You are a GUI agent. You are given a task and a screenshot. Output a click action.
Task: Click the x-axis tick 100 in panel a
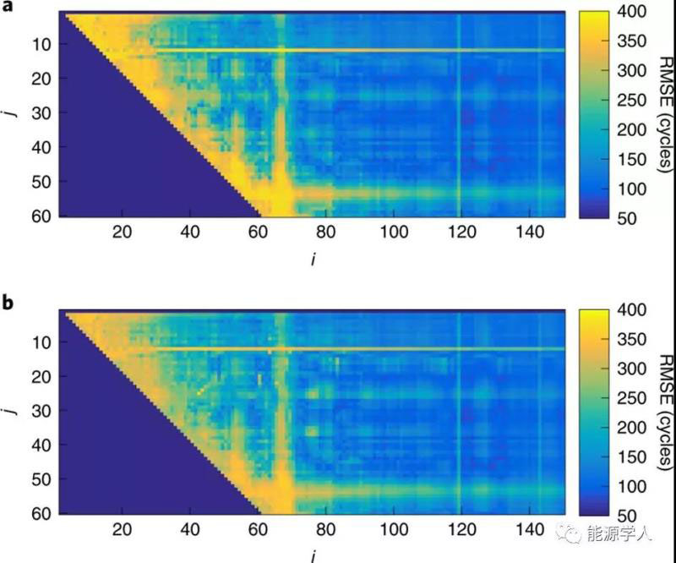coord(392,232)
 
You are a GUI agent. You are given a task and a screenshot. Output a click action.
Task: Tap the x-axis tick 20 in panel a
coord(122,232)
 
